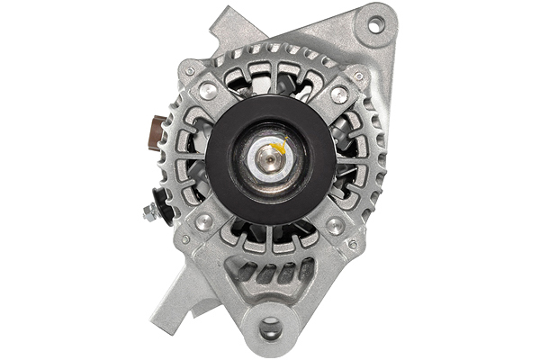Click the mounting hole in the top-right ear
tap(376, 24)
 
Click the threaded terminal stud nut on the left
tap(152, 211)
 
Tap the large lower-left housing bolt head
tap(204, 220)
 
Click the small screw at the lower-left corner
tap(185, 239)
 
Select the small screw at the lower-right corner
tap(353, 244)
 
